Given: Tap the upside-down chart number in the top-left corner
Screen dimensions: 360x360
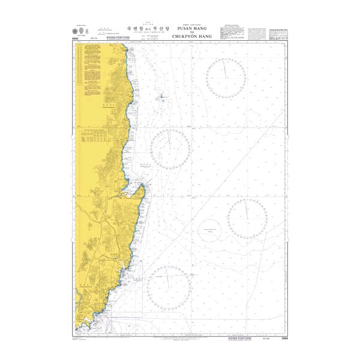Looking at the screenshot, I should (76, 38).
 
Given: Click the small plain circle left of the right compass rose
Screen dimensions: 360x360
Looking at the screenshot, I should (209, 229).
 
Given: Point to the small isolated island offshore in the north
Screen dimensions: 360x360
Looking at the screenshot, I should (161, 98).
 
